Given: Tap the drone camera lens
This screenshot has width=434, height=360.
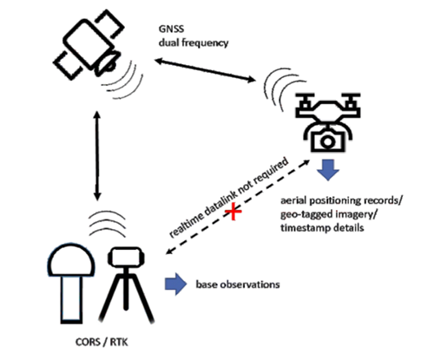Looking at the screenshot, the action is click(327, 141).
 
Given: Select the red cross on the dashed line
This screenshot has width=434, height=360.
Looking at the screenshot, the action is click(233, 211).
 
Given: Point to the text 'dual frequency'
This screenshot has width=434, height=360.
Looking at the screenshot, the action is click(194, 43).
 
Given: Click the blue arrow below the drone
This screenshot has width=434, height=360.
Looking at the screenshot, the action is click(328, 170).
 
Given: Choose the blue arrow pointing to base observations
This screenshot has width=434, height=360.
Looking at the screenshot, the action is click(176, 284).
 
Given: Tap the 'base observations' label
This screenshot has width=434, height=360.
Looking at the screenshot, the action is click(238, 285).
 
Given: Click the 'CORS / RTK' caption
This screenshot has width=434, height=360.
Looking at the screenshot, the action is click(102, 342).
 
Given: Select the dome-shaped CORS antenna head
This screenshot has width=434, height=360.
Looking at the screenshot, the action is click(71, 260).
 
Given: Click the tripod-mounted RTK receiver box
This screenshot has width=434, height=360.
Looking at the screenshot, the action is click(126, 257).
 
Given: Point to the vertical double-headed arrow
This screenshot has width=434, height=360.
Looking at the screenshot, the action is click(97, 155).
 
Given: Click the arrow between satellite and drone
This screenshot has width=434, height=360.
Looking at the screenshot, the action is click(205, 70).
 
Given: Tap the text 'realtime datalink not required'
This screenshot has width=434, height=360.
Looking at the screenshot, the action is click(228, 197).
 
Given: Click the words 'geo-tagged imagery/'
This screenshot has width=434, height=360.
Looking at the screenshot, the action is click(330, 214).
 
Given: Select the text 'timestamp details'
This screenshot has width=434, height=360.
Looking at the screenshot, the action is click(322, 227).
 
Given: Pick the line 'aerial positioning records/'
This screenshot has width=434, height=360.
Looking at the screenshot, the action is click(341, 200).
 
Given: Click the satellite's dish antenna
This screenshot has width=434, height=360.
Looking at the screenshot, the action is click(108, 62).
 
